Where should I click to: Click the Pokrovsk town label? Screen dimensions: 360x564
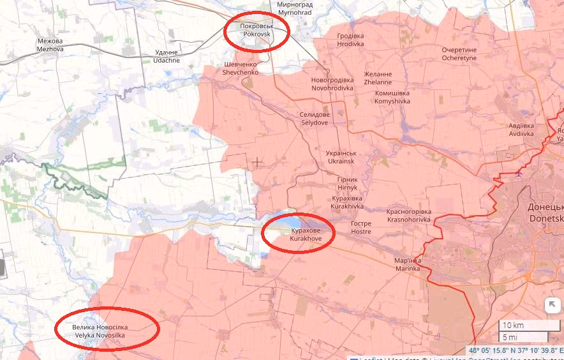(x=256, y=30)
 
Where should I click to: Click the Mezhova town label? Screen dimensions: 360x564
(x=50, y=45)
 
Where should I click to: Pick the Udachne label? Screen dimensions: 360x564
(x=167, y=57)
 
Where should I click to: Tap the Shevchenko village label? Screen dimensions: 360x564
(x=240, y=69)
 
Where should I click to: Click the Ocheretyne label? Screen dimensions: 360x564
(x=459, y=54)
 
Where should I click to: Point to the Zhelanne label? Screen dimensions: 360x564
(x=378, y=78)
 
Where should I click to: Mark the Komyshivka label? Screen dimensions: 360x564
(x=392, y=97)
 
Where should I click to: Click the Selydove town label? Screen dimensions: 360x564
(x=315, y=118)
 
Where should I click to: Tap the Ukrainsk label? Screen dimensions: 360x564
(x=341, y=158)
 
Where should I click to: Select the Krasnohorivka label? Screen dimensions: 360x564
(x=409, y=215)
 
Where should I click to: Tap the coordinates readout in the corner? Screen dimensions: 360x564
(x=516, y=350)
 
